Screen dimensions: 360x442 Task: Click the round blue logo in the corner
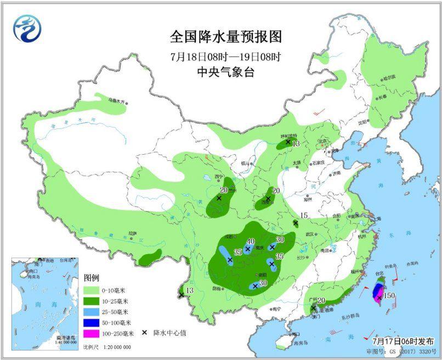[28, 27]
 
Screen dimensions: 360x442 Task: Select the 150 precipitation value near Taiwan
[389, 296]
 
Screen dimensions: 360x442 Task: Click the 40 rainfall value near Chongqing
[251, 241]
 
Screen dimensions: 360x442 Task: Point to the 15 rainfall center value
[305, 216]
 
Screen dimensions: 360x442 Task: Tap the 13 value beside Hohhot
[296, 144]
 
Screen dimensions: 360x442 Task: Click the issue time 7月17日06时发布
[403, 340]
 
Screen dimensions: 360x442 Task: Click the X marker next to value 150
[379, 297]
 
